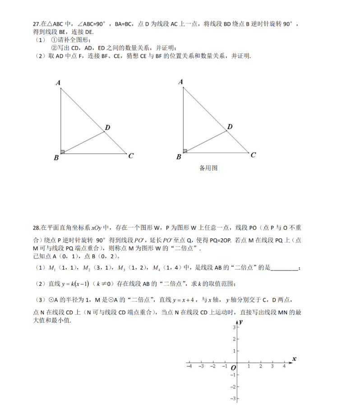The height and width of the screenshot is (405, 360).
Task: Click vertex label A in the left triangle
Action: [x=58, y=83]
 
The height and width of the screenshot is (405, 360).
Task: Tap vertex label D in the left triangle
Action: [x=107, y=128]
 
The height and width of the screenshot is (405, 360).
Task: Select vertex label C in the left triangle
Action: [x=130, y=156]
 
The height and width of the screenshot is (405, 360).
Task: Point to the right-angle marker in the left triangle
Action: [x=63, y=151]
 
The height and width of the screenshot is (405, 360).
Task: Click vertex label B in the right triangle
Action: [x=179, y=157]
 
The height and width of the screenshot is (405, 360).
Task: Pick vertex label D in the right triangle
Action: [x=230, y=127]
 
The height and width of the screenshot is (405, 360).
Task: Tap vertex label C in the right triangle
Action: [x=253, y=155]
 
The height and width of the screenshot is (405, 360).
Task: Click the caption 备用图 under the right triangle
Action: [x=208, y=168]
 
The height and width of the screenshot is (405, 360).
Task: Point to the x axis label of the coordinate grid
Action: [x=294, y=358]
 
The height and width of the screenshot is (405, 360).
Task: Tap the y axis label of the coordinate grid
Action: [x=242, y=321]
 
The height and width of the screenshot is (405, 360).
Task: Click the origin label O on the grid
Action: [x=233, y=368]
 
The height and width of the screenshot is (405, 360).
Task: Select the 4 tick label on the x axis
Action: [x=284, y=366]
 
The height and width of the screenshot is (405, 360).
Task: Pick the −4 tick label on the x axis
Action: [x=189, y=366]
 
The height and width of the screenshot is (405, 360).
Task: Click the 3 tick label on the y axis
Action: [x=234, y=326]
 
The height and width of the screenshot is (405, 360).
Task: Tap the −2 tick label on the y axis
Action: [x=233, y=387]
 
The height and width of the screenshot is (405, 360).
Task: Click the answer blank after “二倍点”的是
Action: [x=285, y=268]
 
